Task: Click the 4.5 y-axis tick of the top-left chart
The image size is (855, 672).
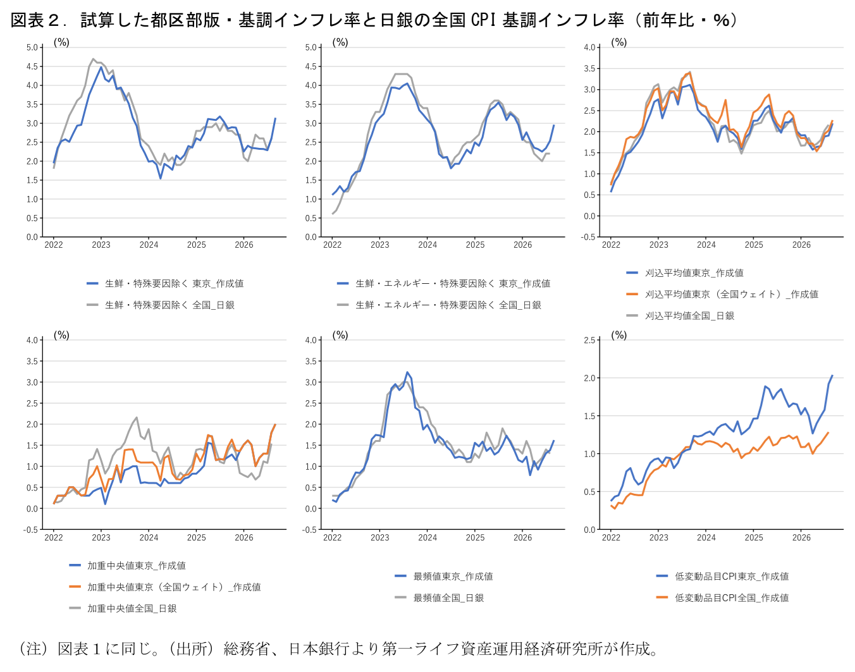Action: pyautogui.click(x=32, y=66)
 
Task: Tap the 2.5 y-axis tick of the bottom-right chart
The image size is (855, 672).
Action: pyautogui.click(x=589, y=340)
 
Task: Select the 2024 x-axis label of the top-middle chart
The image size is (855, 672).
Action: pyautogui.click(x=427, y=245)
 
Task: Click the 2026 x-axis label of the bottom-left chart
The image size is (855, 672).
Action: pyautogui.click(x=244, y=537)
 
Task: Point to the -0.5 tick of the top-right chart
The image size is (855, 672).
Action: pyautogui.click(x=588, y=236)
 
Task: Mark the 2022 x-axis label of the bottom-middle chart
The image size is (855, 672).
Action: pyautogui.click(x=332, y=537)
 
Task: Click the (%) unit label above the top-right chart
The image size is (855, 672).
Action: pyautogui.click(x=618, y=42)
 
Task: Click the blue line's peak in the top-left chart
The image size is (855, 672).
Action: pyautogui.click(x=101, y=67)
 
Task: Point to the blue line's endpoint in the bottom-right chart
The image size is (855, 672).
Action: pyautogui.click(x=832, y=376)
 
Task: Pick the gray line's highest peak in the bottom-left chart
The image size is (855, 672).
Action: pyautogui.click(x=137, y=417)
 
